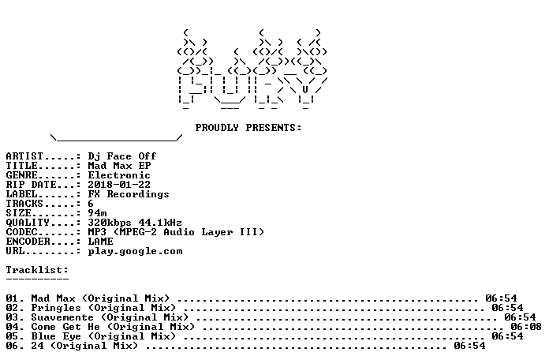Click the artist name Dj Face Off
point(121,156)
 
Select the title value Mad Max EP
point(119,166)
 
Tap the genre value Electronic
point(119,175)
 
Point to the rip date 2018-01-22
point(119,185)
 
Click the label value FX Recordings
point(129,194)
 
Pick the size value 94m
point(97,213)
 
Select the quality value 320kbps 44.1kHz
point(135,223)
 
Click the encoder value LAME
point(100,242)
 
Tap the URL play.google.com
point(135,251)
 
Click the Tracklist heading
point(37,270)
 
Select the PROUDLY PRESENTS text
point(248,128)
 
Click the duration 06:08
point(526,327)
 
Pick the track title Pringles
point(56,308)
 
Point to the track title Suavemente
point(62,317)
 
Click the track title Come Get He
point(65,327)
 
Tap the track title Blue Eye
point(56,336)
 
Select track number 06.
point(13,346)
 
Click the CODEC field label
point(22,232)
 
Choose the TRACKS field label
point(24,204)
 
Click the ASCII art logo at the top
point(252,69)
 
